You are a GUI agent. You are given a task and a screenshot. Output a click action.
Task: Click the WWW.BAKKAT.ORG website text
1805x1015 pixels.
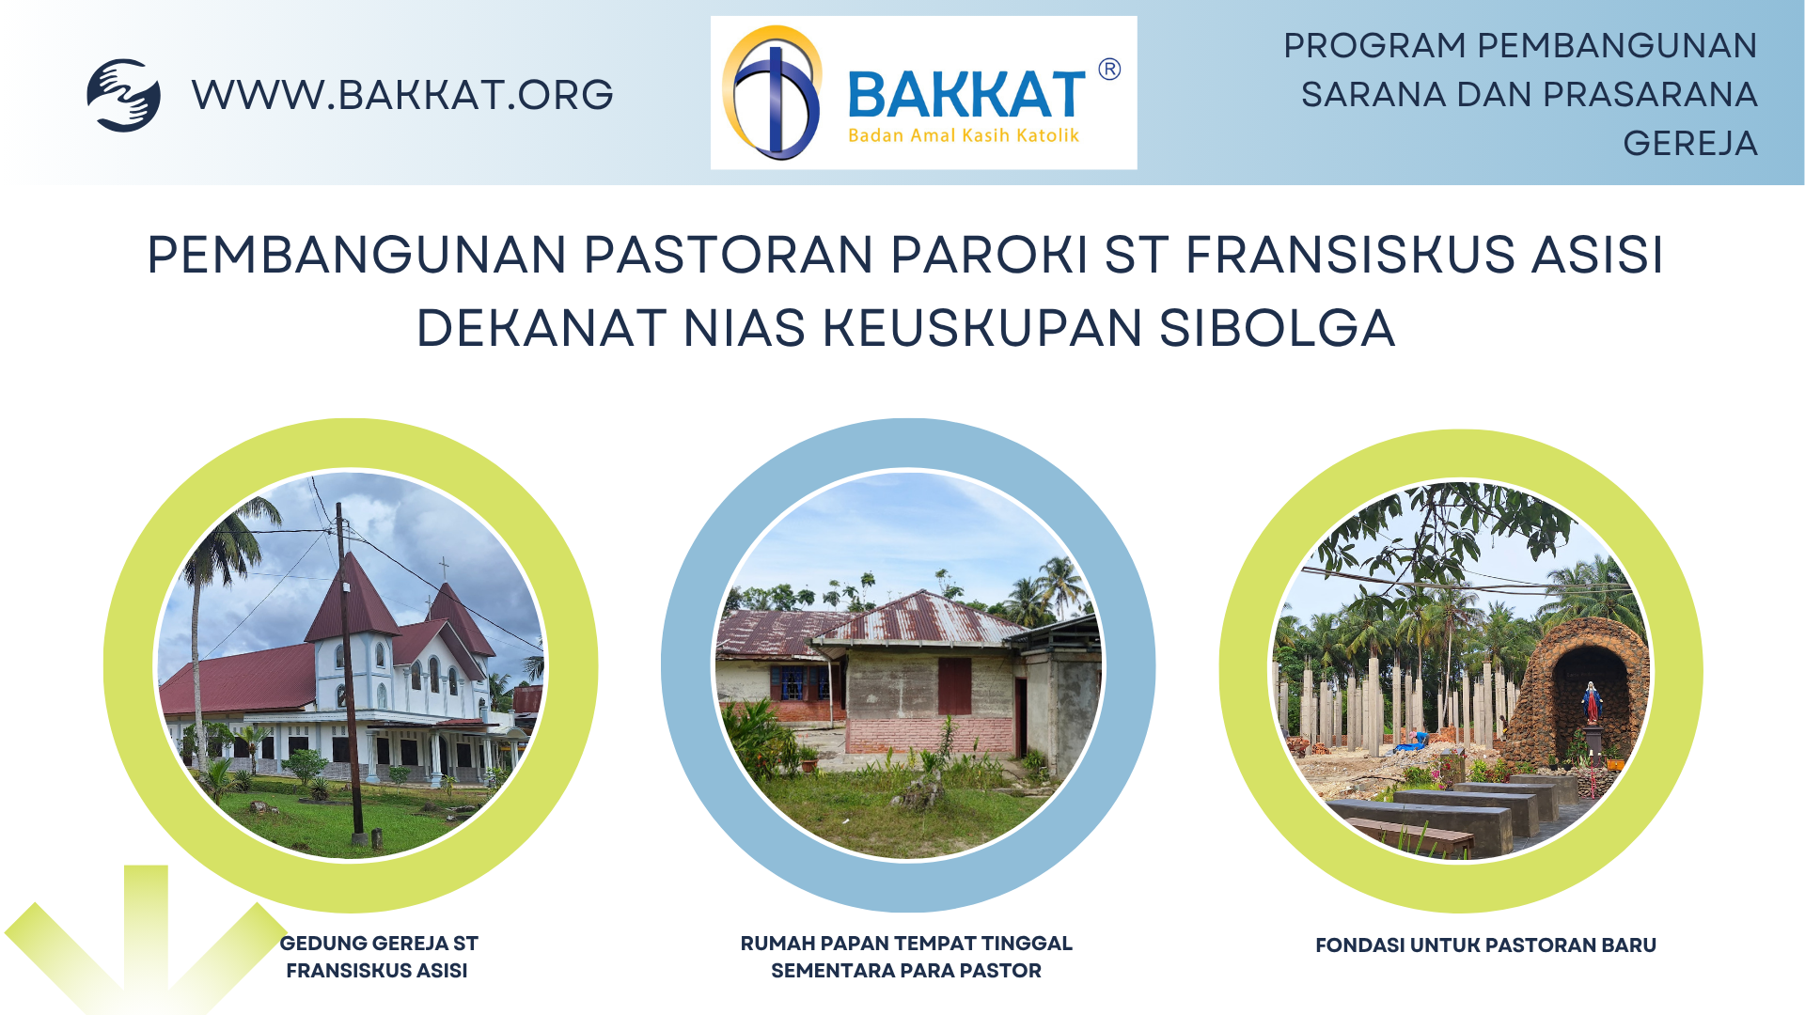[x=402, y=95]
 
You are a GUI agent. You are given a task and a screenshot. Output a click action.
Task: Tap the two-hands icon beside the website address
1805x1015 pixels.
[x=123, y=95]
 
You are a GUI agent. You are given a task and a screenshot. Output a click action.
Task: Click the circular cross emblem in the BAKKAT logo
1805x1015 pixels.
[x=773, y=93]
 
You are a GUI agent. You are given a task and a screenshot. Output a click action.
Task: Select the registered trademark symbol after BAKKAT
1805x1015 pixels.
[x=1109, y=70]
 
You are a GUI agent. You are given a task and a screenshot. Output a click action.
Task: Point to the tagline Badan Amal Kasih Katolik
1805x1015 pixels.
[x=963, y=135]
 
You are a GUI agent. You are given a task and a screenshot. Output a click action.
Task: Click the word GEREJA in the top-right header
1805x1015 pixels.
[x=1689, y=144]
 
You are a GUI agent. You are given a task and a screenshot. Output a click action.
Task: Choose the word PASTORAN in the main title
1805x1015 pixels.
[x=729, y=255]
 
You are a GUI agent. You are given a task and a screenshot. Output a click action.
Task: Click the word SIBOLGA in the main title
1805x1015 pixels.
[x=1277, y=328]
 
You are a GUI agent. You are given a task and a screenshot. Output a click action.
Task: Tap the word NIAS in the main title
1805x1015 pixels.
[x=744, y=328]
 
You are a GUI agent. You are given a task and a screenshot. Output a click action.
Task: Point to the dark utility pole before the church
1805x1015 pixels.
[x=349, y=677]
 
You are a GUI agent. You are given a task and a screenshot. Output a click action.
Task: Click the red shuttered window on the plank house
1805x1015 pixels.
[x=954, y=686]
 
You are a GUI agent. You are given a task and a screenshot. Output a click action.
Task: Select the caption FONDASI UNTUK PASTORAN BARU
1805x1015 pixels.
[x=1485, y=945]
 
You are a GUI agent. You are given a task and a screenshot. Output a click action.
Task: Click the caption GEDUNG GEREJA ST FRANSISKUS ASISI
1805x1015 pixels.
[x=378, y=957]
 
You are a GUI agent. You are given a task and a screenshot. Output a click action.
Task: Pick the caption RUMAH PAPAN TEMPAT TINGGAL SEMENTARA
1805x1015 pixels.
[x=906, y=957]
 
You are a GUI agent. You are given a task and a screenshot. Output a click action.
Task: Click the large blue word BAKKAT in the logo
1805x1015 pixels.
[x=966, y=95]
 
